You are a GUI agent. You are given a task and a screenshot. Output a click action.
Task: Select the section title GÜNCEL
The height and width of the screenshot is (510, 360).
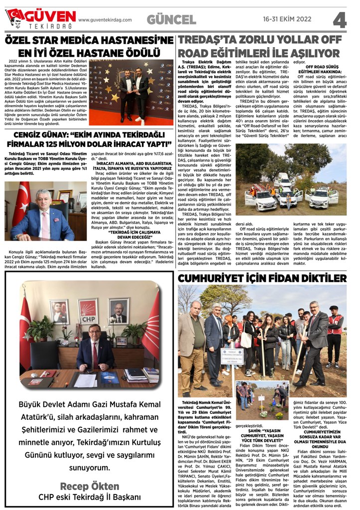(x=171, y=19)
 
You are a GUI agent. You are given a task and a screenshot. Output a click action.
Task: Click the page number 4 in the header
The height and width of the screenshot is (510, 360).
(x=340, y=19)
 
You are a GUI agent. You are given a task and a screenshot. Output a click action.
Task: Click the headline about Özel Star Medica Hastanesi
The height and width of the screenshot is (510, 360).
(x=89, y=45)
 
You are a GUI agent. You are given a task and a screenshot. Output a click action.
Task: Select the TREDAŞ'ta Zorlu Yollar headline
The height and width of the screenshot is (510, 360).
(x=259, y=46)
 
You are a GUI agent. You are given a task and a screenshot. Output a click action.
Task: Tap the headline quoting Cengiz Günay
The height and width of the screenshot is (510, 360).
(x=89, y=139)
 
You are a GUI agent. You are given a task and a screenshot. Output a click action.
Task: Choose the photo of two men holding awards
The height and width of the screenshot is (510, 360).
(x=131, y=92)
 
